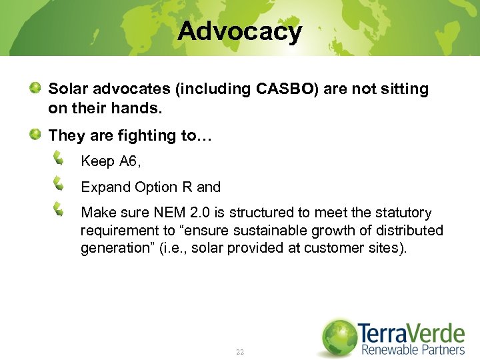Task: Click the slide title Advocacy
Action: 239,31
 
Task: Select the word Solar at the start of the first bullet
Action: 67,89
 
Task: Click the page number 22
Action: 239,351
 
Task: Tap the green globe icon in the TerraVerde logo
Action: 339,337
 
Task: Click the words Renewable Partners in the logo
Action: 413,349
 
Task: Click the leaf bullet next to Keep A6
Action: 59,159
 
